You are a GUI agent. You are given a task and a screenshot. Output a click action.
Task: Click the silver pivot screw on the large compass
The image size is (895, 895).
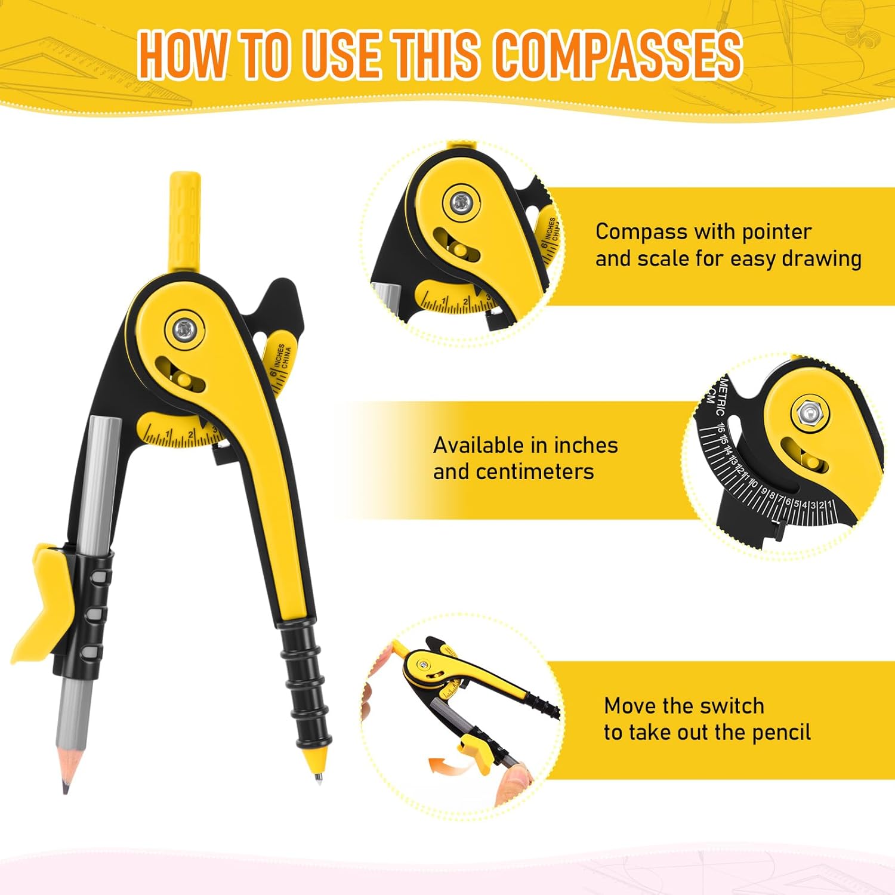click(x=184, y=328)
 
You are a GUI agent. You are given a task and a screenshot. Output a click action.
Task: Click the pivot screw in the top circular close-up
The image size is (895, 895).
click(x=460, y=203)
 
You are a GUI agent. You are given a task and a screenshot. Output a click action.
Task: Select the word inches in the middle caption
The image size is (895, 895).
click(x=586, y=445)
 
